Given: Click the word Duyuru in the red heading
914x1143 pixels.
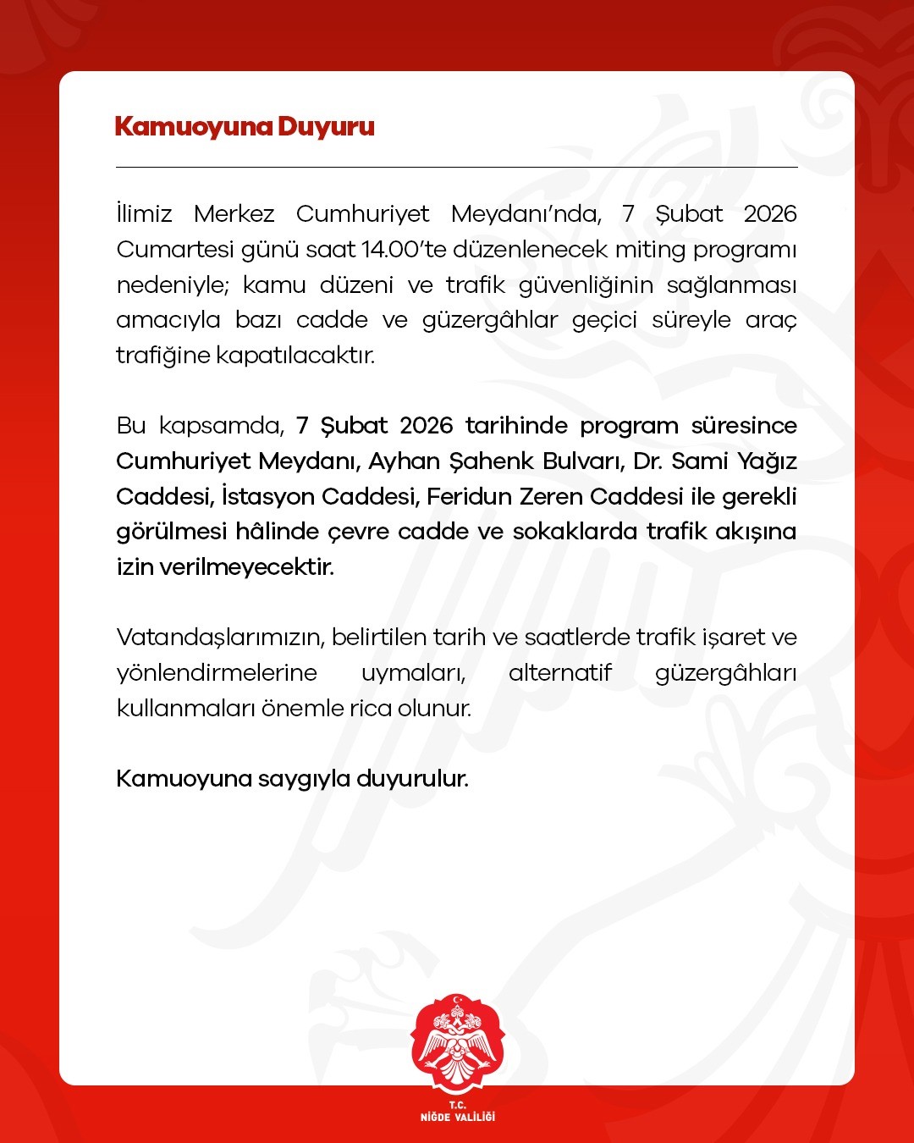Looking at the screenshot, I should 326,127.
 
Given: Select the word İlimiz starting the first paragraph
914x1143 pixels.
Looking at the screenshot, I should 144,213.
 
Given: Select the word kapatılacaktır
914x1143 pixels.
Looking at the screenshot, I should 295,355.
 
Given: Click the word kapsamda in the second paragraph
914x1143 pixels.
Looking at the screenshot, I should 221,426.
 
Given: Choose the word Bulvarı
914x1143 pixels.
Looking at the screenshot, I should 581,461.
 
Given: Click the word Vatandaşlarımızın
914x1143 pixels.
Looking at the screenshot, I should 219,638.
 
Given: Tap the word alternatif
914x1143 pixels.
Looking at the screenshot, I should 559,673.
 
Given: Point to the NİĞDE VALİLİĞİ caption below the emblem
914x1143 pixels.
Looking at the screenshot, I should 457,1117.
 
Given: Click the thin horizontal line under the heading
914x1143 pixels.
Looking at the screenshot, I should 457,168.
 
